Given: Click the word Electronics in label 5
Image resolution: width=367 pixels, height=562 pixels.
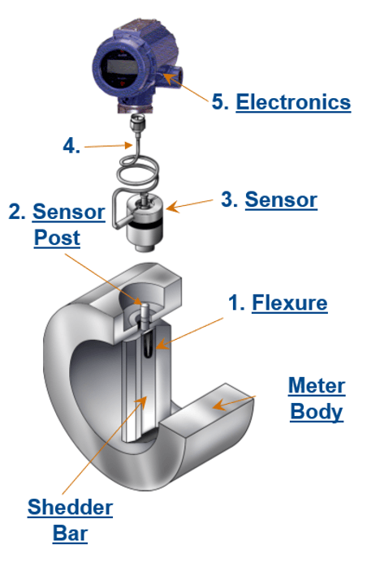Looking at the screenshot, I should (293, 103).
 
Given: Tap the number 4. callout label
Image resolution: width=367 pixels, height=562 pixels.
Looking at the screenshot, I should (72, 147).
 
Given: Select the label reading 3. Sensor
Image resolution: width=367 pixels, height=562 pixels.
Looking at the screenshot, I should (270, 199).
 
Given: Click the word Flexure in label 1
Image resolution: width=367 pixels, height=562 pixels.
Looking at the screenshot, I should (289, 303).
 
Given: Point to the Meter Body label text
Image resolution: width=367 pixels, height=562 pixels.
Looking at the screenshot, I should (317, 399).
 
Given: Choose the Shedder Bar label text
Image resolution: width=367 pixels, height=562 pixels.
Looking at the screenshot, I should (70, 521).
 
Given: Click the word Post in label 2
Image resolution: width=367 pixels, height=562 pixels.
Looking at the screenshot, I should (57, 238).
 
